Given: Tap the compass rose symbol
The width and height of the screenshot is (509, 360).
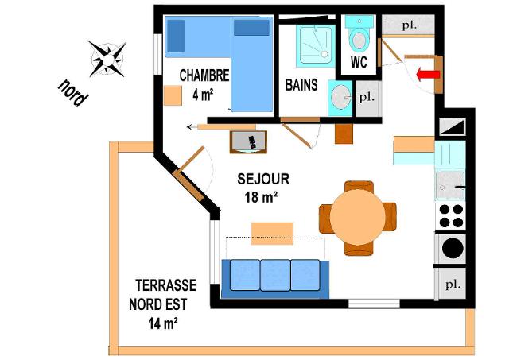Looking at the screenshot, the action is point(107,60).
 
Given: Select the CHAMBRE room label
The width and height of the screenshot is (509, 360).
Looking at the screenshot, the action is point(204,75).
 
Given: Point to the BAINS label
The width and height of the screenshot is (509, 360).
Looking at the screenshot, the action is point(301,85).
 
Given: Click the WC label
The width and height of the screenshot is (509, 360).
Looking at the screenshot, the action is point(359,62).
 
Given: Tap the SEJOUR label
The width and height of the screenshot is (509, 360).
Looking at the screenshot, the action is point(263,179).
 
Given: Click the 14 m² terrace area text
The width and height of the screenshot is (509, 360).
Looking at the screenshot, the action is point(163,323).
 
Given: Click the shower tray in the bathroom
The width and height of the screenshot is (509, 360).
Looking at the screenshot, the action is point(315,45).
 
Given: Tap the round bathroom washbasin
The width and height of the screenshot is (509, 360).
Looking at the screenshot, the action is point(341,97).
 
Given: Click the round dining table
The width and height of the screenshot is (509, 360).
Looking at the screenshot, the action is point(357,217).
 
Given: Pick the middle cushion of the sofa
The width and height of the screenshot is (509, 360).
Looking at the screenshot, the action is point(275,275).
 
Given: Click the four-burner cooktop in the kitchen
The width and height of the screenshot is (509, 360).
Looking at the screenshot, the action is point(451,215).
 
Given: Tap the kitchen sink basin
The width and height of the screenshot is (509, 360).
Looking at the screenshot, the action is point(450,185).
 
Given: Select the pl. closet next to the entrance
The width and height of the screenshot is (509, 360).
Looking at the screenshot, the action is point(408,25).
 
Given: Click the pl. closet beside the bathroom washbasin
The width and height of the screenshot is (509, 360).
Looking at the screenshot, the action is point(367,99).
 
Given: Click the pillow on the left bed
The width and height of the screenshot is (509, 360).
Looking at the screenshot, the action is point(176,36).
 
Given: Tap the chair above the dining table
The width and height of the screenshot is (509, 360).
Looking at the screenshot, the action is point(359,187).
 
